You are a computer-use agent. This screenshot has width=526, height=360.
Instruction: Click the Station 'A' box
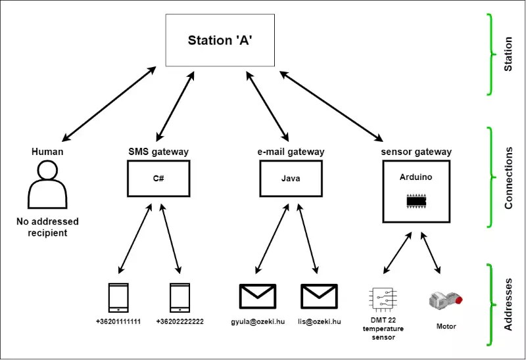pos(220,40)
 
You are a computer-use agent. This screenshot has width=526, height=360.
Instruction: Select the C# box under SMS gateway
pos(158,178)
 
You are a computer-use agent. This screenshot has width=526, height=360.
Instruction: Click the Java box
pos(291,178)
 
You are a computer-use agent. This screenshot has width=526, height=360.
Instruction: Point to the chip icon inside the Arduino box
pos(416,201)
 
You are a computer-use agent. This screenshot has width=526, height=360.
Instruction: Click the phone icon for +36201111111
pos(118,298)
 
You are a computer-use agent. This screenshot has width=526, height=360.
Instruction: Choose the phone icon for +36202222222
pos(179,298)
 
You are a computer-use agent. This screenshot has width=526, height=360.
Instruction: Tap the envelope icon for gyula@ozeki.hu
pos(258,296)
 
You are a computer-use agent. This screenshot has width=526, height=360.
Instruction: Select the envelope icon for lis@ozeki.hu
pos(319,296)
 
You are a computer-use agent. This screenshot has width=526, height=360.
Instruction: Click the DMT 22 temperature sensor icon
pos(383,298)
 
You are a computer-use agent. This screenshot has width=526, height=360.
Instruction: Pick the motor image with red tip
pos(446,300)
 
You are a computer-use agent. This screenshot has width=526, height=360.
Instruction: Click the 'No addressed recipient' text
pos(47,227)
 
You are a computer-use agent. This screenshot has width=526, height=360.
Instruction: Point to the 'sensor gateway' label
pos(416,152)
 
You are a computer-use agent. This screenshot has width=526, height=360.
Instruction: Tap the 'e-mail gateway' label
pos(291,152)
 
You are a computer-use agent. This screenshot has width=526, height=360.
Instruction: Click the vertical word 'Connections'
pos(508,178)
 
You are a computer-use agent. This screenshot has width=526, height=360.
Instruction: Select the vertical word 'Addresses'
pos(508,304)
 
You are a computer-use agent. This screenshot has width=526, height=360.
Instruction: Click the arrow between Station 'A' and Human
pos(109,104)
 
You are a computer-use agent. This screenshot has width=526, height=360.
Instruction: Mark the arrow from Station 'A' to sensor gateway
pos(331,106)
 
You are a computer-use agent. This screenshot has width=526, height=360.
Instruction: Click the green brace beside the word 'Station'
pos(490,55)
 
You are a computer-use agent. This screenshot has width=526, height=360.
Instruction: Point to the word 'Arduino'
pos(416,177)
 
